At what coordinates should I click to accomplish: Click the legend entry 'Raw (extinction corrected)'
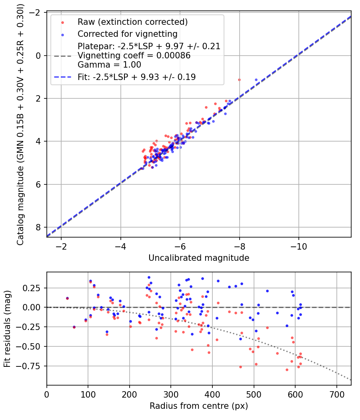132,22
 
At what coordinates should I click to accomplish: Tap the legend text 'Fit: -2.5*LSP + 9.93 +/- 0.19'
137,77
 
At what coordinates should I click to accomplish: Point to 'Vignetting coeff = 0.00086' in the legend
134,56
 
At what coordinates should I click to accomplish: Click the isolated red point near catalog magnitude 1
239,80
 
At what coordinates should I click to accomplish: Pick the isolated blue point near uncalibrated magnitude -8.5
256,80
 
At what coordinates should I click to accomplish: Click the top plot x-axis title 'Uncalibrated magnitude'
199,258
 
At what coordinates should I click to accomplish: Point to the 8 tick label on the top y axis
39,227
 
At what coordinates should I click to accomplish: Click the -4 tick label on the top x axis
120,246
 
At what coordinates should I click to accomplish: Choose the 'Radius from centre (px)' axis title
199,406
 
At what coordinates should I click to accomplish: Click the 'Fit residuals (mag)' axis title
7,328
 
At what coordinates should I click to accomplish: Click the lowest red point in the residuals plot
287,370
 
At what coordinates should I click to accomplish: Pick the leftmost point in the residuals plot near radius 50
67,298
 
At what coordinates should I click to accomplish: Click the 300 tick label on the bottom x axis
171,395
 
